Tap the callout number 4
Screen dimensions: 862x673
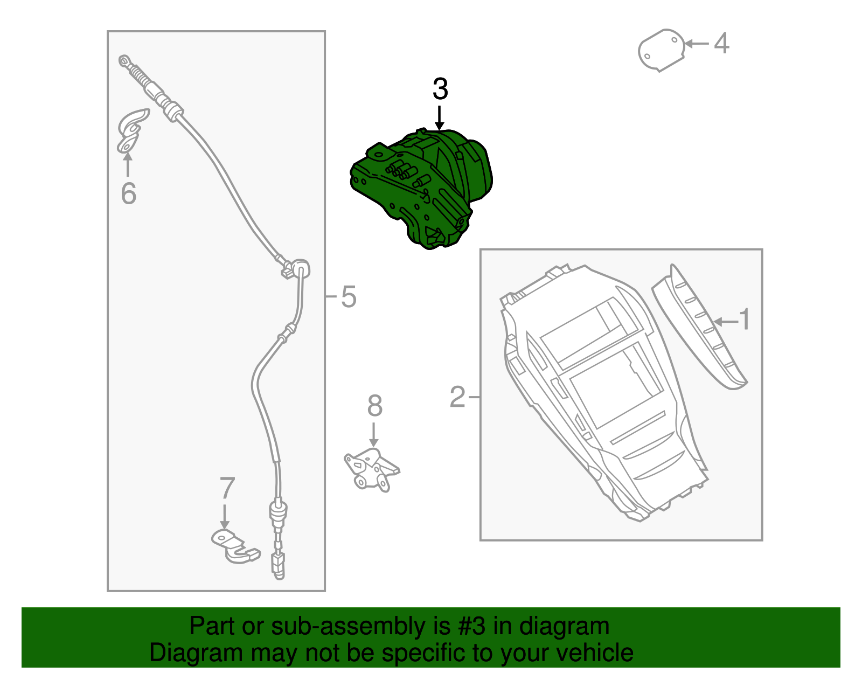pos(721,43)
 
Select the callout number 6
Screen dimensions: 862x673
pos(129,193)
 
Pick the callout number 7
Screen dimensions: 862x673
pos(227,488)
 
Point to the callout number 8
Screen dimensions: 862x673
pos(375,406)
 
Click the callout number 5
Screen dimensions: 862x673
pos(349,297)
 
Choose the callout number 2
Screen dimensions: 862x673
pos(457,397)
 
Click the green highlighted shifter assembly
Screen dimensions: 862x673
pos(421,189)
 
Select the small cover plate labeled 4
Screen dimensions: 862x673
pos(661,50)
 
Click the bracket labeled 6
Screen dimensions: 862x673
pos(133,131)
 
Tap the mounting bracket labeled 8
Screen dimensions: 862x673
pos(371,469)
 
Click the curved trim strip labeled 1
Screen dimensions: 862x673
pos(699,327)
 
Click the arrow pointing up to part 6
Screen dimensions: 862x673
pos(128,164)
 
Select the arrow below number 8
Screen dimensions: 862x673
pos(373,435)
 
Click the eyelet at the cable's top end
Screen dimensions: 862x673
pos(124,61)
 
